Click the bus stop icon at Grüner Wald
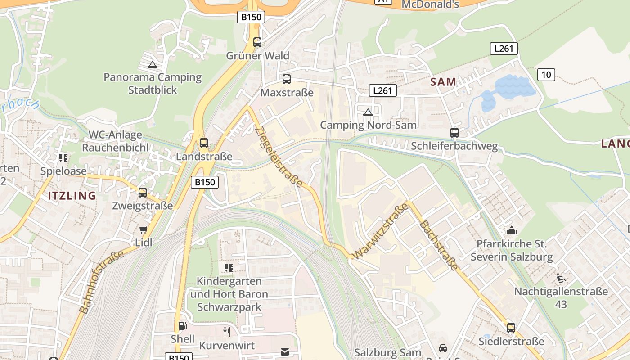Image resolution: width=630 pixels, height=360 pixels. pos(257,42)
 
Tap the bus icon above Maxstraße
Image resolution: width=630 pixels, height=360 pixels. pos(287,79)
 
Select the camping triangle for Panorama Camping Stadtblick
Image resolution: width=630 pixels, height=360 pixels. pos(153,64)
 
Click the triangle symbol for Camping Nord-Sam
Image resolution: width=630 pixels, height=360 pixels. pos(368,112)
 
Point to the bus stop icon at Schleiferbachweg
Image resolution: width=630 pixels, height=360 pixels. pos(454,133)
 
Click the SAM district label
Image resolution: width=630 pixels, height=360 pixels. pos(443,82)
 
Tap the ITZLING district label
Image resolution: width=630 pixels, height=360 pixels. pos(72,196)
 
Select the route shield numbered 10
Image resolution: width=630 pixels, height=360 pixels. pos(546,74)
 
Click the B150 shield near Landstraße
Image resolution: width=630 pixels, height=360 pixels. pos(205,182)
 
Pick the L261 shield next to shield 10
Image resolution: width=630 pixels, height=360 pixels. pos(504,49)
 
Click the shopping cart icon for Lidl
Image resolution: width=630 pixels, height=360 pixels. pos(144,230)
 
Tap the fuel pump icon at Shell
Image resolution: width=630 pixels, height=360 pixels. pos(182,326)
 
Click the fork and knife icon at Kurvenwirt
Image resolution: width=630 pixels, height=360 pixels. pos(227,332)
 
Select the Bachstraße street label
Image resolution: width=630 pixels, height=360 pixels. pos(438,246)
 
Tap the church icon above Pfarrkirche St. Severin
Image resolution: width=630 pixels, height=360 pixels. pos(511,231)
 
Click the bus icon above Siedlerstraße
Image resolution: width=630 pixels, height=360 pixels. pos(511,328)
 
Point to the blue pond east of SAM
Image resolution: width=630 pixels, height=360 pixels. pos(508,92)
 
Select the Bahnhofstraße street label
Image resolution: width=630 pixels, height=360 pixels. pos(102,282)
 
